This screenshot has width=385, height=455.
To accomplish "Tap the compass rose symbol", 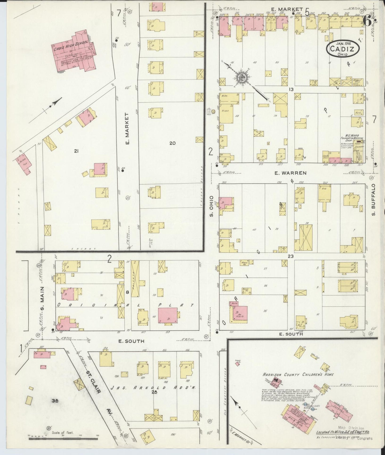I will pyautogui.click(x=242, y=77).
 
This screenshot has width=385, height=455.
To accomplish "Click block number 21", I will pyautogui.click(x=76, y=151).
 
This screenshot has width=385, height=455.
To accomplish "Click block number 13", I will pyautogui.click(x=291, y=90).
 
